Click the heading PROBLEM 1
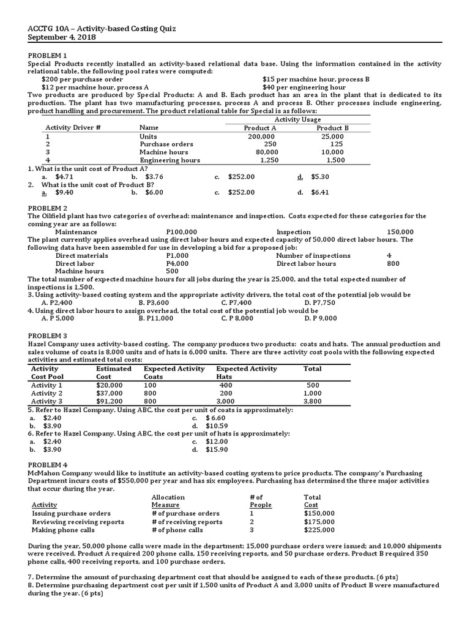point(47,56)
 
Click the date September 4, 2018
point(62,37)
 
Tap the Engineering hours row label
point(170,160)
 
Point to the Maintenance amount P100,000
point(181,232)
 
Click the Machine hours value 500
point(172,271)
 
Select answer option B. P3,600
point(153,302)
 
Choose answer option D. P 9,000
point(320,318)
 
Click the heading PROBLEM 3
point(47,336)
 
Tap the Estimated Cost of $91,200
point(110,401)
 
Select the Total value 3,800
point(312,401)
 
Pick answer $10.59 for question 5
point(217,426)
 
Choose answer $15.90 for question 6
point(217,449)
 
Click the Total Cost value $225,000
point(319,530)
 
